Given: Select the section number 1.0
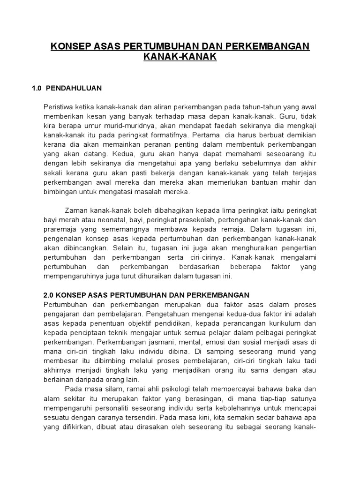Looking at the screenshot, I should [x=37, y=88].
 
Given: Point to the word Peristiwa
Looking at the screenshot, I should [x=59, y=105].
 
